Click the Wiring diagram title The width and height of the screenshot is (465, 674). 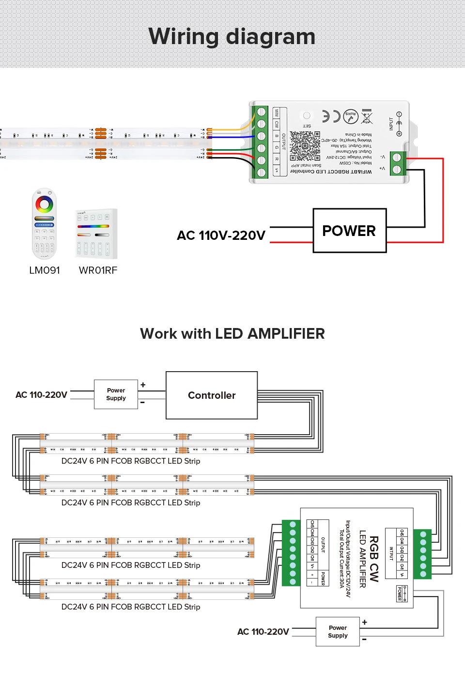coord(232,37)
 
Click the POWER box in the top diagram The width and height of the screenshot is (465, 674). coord(349,231)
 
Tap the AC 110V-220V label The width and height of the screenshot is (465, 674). coord(221,235)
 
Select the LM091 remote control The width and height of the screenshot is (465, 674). coord(44,224)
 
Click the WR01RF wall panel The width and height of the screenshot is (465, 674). coord(96,234)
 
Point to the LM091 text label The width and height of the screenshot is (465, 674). coord(45,270)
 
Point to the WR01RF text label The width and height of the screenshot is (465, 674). coord(98,270)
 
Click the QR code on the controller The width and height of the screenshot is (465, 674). coord(305,146)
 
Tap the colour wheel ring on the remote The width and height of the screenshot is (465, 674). coord(44,204)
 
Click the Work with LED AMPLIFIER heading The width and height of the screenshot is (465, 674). coord(232,334)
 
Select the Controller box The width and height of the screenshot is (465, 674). coord(212,395)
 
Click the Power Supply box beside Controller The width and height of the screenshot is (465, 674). coord(116,394)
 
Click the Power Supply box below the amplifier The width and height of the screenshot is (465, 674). coord(338,631)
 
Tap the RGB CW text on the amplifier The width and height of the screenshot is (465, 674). coord(374,558)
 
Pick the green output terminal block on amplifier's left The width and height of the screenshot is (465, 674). coord(292,553)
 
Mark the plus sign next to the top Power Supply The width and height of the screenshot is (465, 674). coord(143,385)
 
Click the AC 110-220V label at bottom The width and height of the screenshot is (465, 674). coord(263,632)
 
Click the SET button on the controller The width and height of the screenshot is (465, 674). coord(307,116)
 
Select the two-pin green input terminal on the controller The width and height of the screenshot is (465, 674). coord(398,163)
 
